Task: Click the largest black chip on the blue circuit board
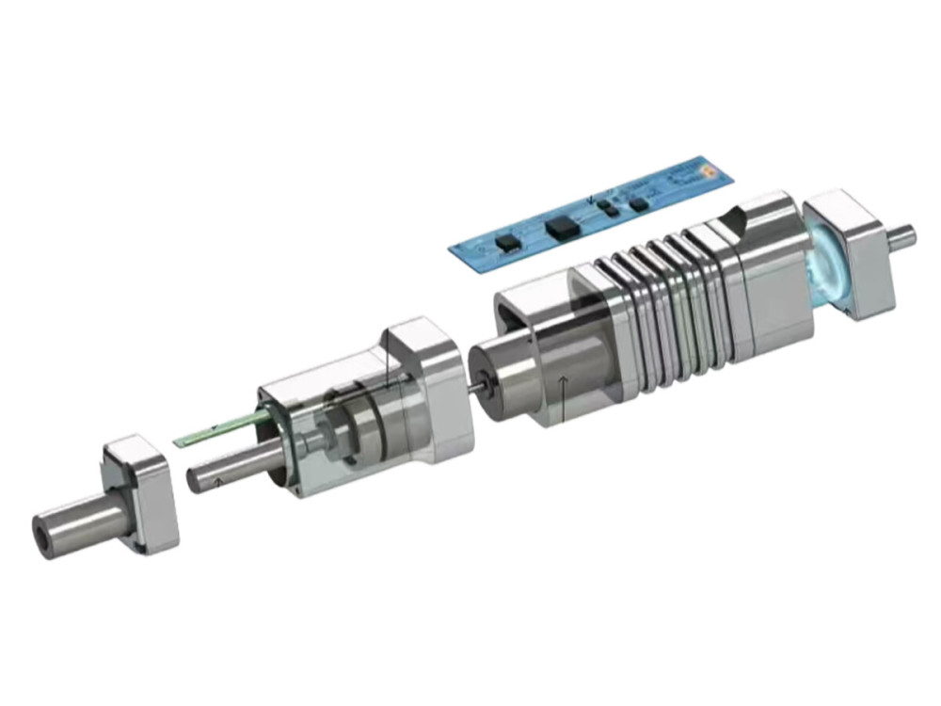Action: click(562, 226)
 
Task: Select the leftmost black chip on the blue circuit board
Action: click(509, 243)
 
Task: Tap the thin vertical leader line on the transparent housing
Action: click(386, 362)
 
